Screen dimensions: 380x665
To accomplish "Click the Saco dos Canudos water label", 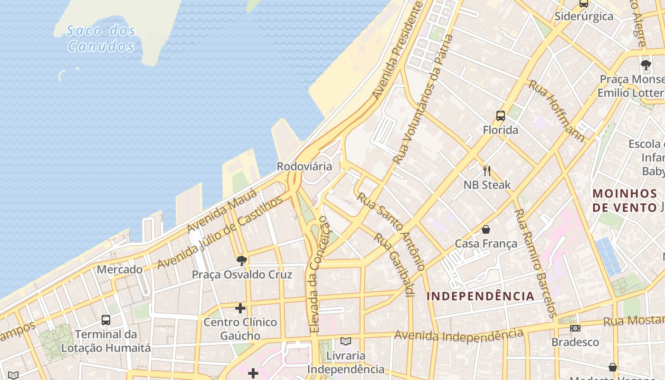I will coord(101,38).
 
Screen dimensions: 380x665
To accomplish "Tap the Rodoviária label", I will coord(304,166).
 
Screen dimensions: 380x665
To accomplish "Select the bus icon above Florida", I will coord(500,115).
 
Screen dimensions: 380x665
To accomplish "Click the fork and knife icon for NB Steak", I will coord(486,171).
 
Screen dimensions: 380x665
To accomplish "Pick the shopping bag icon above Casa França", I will coord(486,230).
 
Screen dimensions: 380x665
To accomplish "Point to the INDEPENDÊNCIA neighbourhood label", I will coord(480,296).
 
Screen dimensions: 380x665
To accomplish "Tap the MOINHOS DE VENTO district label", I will coord(625,200).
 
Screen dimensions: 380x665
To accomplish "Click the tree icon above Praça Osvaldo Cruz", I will coord(241,260).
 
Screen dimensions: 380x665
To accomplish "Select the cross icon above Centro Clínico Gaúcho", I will coord(240,308).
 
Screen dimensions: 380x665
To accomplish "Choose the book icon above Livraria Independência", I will coord(346,342).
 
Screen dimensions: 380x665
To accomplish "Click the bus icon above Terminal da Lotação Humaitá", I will coord(106,320).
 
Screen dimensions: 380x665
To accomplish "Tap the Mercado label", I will coord(120,269).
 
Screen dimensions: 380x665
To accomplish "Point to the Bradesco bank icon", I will coord(575,328).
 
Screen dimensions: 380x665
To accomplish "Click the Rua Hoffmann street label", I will coord(557,111).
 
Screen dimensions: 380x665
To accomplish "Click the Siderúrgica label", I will coord(584,16).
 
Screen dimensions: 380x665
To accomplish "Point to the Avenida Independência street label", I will coord(458,335).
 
